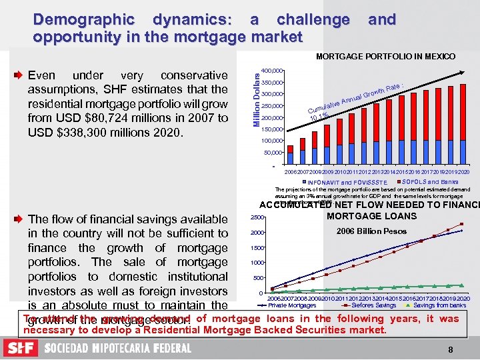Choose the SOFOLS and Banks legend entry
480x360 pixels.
pos(430,182)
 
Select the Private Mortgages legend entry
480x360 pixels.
pos(291,305)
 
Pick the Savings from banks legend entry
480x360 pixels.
pos(438,305)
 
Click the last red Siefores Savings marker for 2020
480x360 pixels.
pos(461,223)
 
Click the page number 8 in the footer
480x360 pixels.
pos(451,349)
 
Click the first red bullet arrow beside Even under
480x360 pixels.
pos(19,75)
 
